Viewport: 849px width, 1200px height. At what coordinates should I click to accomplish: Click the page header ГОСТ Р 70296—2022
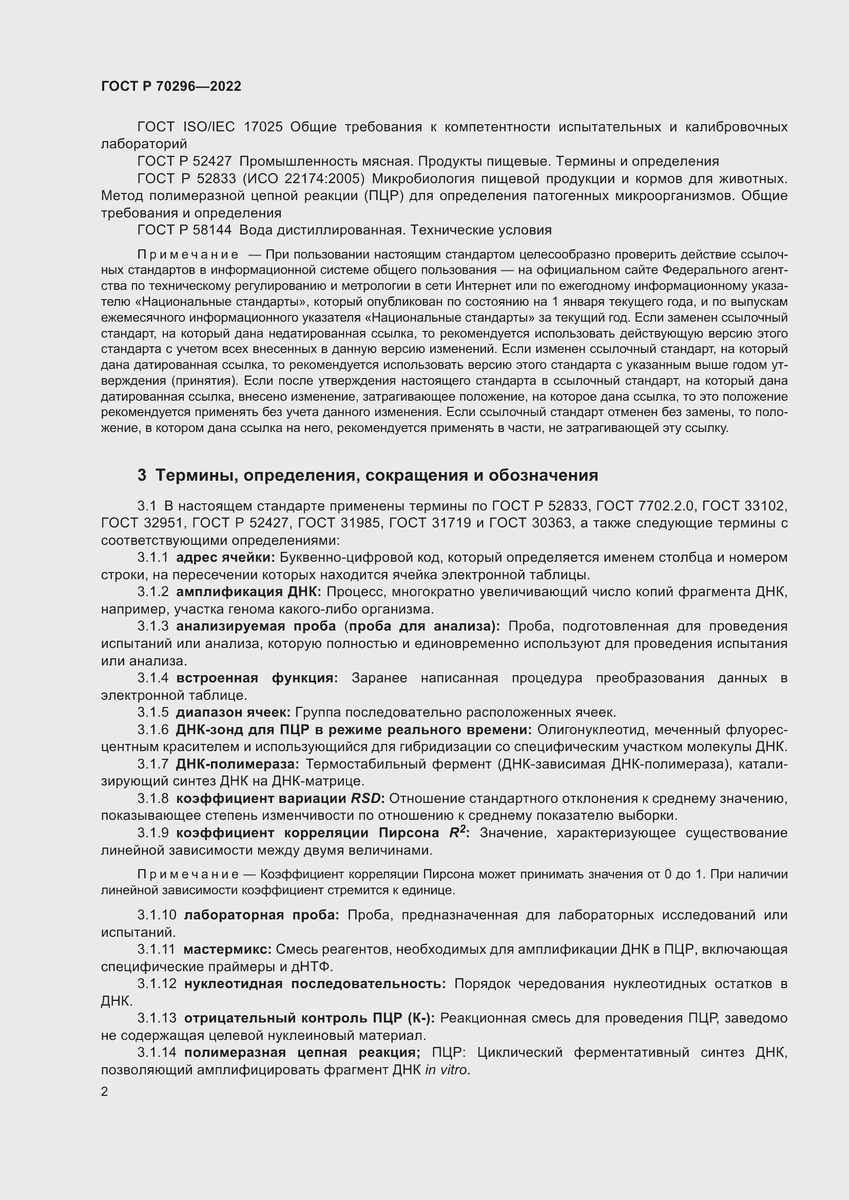(171, 86)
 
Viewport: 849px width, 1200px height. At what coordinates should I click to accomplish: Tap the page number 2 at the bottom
(105, 1092)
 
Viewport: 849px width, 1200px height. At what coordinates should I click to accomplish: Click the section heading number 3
(142, 475)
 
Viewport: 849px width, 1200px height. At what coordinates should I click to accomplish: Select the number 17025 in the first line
(263, 127)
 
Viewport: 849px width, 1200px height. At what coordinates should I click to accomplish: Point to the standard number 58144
(214, 230)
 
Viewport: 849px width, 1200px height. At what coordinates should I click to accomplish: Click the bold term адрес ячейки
(225, 557)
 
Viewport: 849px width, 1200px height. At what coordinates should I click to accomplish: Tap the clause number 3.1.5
(152, 712)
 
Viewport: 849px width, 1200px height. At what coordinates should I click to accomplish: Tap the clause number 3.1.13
(157, 1017)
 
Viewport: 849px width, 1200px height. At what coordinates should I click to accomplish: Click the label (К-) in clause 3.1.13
(420, 1017)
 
